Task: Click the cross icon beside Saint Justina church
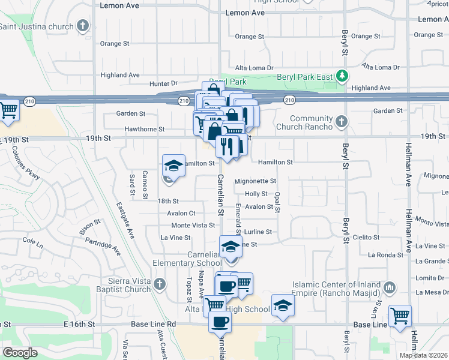click(83, 26)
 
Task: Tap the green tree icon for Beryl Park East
click(342, 76)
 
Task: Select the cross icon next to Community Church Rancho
click(342, 122)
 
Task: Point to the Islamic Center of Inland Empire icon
click(390, 289)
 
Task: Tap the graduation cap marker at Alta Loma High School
click(283, 307)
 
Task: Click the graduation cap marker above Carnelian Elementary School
click(231, 246)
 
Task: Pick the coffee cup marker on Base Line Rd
click(220, 321)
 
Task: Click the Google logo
click(20, 352)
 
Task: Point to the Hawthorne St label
click(144, 129)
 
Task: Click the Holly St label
click(256, 194)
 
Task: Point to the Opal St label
click(277, 202)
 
